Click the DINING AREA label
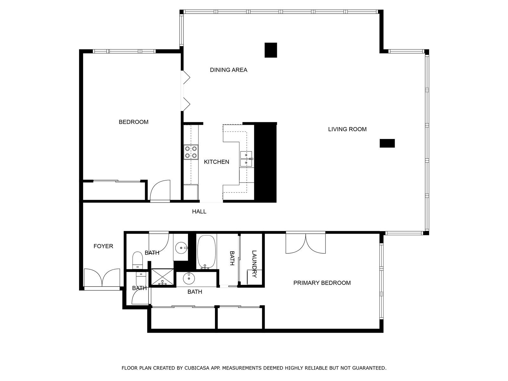coord(228,70)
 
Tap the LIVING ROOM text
coord(347,129)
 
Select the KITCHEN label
coord(216,162)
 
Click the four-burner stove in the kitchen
coord(191,152)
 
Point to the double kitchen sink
coord(246,159)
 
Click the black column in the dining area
coord(271,50)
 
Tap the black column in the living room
coord(387,143)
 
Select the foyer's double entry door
coord(102,278)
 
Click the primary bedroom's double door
coord(305,243)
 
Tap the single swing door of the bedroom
coord(160,191)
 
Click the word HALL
coord(199,211)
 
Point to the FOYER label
coord(103,246)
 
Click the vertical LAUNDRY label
coord(254,264)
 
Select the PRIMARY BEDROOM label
coord(322,283)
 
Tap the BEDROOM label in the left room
coord(133,122)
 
